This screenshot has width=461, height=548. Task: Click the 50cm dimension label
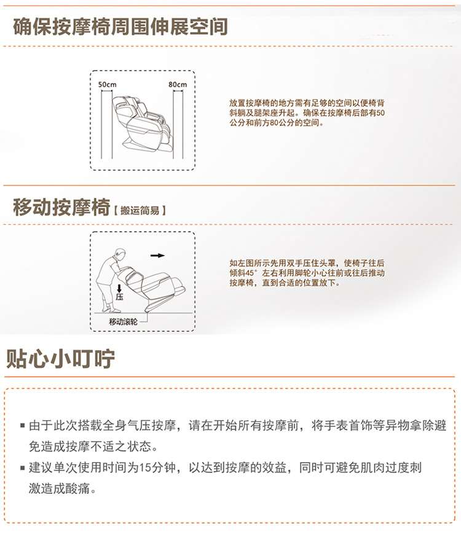[107, 85]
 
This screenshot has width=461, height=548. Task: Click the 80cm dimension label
[178, 85]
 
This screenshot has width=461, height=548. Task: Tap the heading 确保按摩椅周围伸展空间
[120, 26]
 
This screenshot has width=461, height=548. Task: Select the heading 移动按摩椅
[61, 207]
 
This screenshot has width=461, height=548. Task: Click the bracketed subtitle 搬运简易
[140, 210]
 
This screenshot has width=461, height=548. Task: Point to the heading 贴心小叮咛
[60, 359]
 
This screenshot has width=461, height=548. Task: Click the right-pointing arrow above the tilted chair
[157, 256]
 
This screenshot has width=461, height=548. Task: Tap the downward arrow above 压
[119, 288]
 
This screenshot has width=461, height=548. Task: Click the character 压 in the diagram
[120, 297]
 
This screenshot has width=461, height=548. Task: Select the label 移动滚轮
[123, 321]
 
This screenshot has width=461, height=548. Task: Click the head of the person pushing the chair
[120, 254]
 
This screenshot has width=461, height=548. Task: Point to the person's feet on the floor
[111, 309]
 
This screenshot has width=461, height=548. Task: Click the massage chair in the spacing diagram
[143, 123]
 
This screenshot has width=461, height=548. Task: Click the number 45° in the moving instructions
[250, 273]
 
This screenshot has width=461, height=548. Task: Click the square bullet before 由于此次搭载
[22, 426]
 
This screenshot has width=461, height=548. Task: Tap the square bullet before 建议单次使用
[22, 468]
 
